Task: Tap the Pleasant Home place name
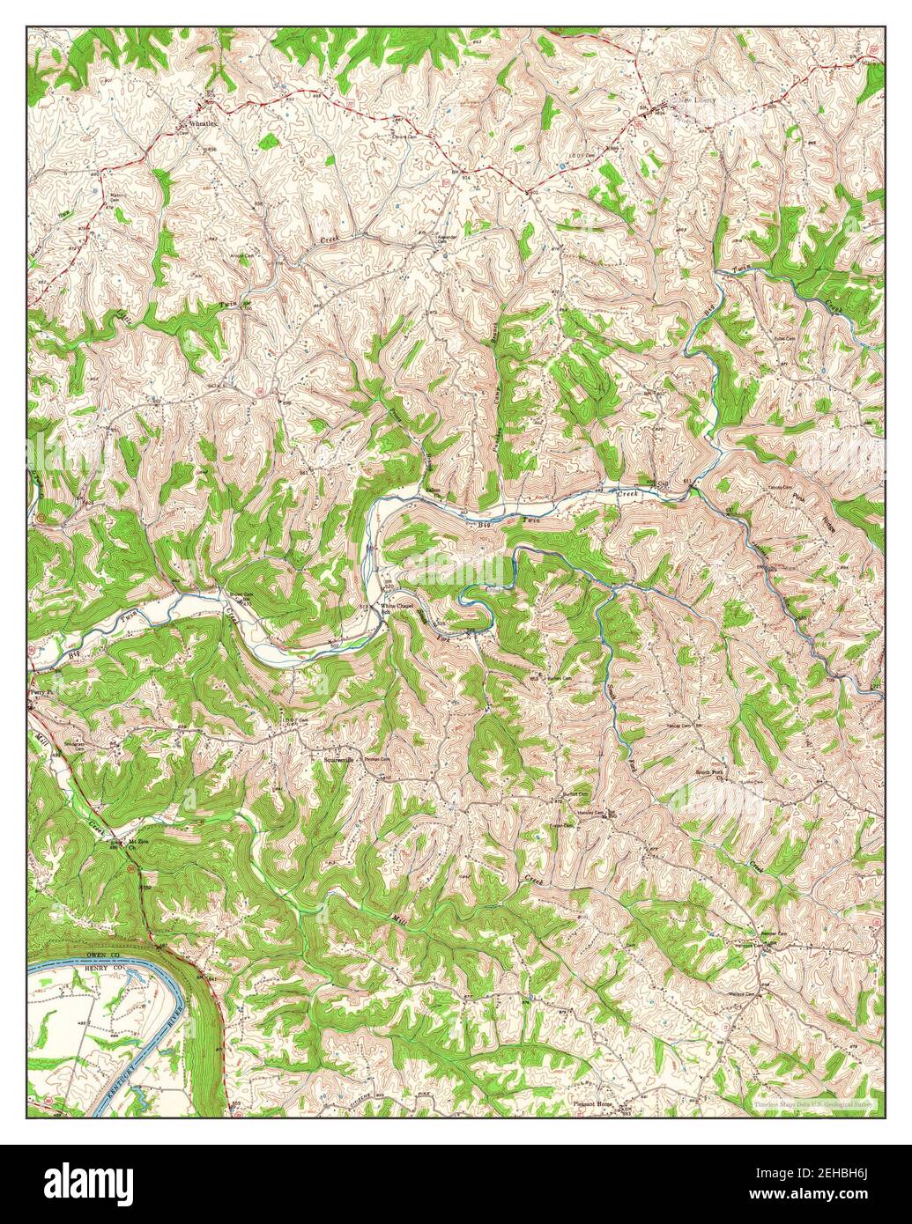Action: pyautogui.click(x=592, y=1103)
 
